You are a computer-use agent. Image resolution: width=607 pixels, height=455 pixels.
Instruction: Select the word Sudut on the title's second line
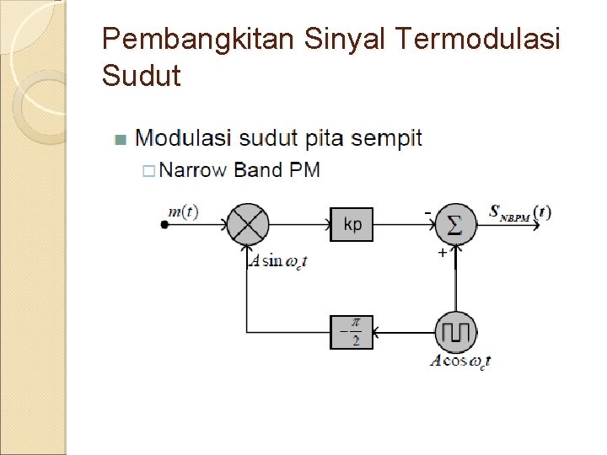coord(141,77)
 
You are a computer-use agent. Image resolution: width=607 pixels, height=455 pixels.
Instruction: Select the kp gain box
coord(352,225)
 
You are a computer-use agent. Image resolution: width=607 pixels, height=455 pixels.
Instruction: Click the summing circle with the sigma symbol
coord(455,225)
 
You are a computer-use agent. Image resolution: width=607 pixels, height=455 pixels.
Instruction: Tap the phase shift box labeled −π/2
coord(351,332)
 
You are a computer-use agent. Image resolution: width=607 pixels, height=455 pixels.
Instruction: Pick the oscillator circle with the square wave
coord(455,332)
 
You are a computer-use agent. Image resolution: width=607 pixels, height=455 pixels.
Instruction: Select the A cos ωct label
coord(460,362)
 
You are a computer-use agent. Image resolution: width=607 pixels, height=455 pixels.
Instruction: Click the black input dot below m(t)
coord(164,224)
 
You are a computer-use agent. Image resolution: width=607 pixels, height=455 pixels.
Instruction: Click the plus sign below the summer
coord(441,253)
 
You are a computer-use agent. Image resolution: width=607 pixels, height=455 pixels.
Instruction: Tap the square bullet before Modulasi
coord(120,139)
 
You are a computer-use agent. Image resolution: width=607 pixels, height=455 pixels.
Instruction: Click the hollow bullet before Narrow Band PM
coord(148,171)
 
